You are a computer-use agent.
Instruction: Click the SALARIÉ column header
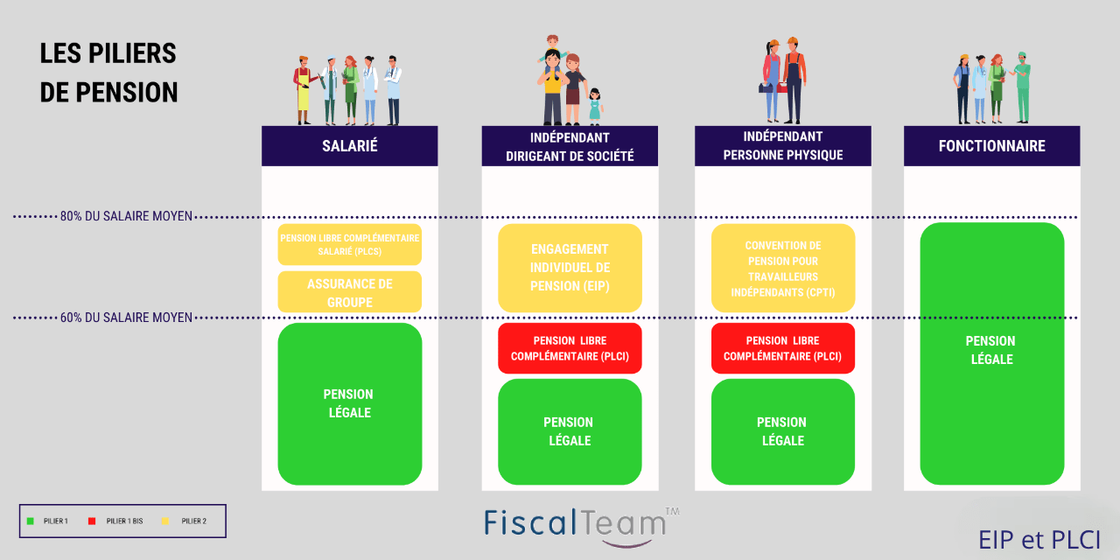click(x=349, y=146)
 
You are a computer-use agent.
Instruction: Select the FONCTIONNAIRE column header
click(x=991, y=146)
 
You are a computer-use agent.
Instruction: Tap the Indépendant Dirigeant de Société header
click(x=570, y=146)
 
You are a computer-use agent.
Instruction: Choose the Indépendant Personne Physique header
click(x=782, y=146)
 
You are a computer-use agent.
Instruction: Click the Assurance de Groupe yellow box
click(x=349, y=292)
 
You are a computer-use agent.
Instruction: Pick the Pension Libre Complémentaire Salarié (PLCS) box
click(x=349, y=244)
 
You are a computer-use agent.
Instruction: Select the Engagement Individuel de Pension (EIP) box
click(x=570, y=268)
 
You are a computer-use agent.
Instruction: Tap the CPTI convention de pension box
click(x=782, y=268)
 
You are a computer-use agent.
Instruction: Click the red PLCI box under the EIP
click(x=570, y=348)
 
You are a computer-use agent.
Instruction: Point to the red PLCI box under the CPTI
click(x=782, y=348)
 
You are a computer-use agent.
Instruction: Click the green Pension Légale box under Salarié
click(x=349, y=403)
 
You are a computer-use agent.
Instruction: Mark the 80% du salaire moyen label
click(x=126, y=216)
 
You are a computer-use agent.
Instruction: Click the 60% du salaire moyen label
click(x=126, y=318)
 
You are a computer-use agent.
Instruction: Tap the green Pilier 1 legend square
click(x=31, y=521)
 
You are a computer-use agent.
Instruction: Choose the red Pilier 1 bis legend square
click(x=92, y=521)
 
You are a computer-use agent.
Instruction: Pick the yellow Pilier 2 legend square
click(x=166, y=521)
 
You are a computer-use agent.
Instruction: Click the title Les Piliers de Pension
click(x=108, y=73)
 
